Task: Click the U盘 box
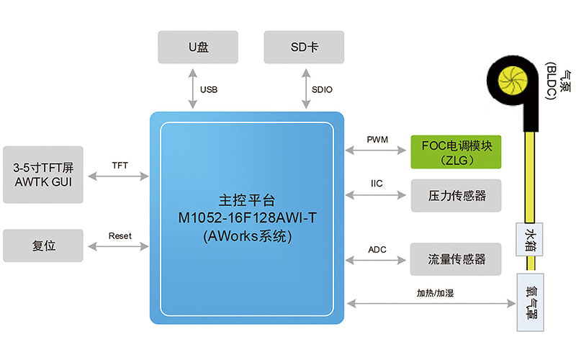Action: (199, 47)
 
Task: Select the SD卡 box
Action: (304, 47)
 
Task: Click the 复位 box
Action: (43, 246)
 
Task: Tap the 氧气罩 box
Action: (531, 302)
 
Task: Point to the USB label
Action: (209, 90)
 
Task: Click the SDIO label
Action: (322, 90)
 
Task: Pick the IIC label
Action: (377, 182)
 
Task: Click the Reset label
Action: (120, 236)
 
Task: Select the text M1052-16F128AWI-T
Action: (246, 217)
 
